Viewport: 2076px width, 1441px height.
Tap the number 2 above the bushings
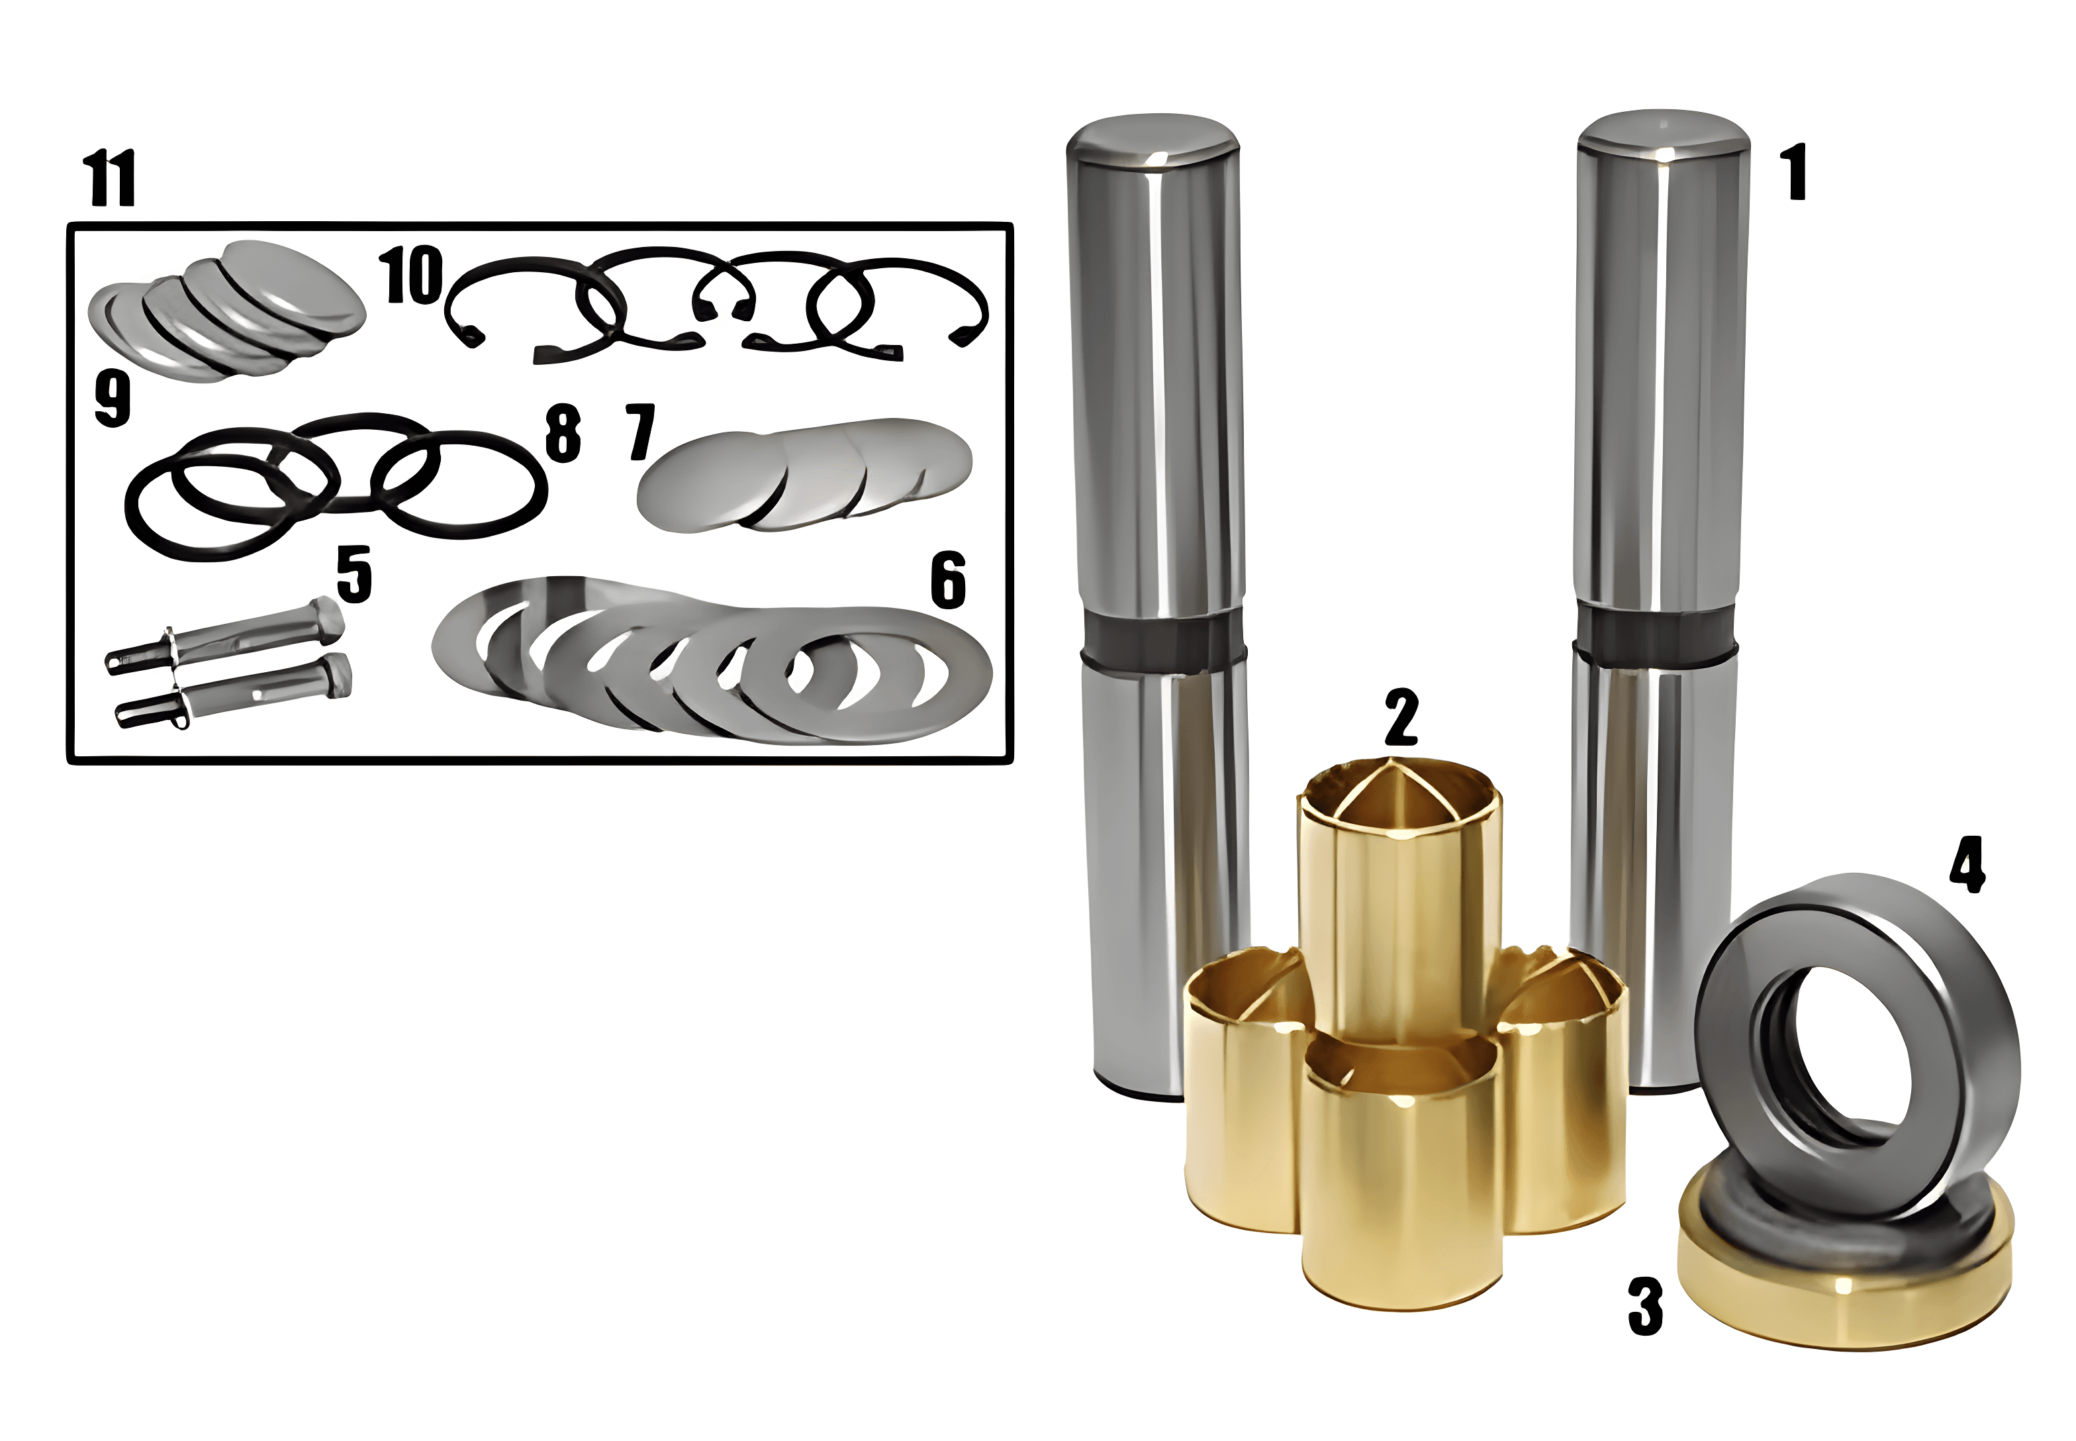click(x=1401, y=717)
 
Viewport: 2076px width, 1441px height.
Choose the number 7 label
click(x=641, y=432)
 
